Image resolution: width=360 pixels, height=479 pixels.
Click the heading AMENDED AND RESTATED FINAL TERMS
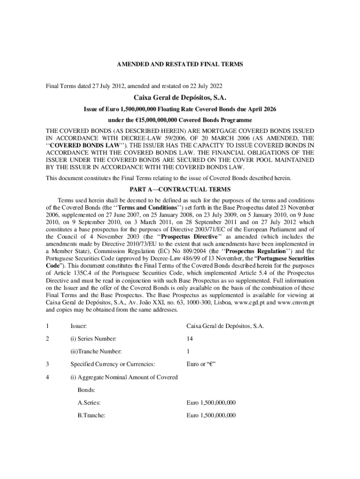click(x=180, y=65)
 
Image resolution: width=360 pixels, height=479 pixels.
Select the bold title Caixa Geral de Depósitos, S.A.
click(x=180, y=98)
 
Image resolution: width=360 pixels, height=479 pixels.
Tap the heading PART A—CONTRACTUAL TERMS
click(x=180, y=189)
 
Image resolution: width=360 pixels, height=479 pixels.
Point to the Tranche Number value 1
click(x=188, y=351)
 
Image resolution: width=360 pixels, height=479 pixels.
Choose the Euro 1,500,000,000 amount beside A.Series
click(x=211, y=402)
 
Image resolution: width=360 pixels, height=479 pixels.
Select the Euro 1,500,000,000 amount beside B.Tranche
click(x=211, y=415)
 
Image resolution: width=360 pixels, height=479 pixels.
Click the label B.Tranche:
click(x=92, y=415)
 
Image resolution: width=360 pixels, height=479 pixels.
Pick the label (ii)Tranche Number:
click(x=96, y=351)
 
